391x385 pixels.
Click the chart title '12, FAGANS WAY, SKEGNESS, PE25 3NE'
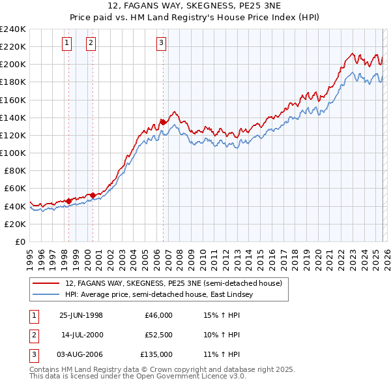tap(195, 6)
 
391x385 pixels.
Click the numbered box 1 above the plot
tap(67, 43)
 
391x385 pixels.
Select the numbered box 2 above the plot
tap(91, 43)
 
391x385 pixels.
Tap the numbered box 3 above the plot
tap(161, 43)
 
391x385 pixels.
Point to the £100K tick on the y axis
tap(12, 153)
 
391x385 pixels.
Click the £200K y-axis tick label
tap(12, 65)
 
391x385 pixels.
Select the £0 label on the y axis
tap(20, 241)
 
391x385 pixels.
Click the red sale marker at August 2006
tap(163, 121)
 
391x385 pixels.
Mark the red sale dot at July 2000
tap(93, 194)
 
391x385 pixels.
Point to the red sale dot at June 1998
tap(69, 200)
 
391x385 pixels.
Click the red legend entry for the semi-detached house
tap(173, 283)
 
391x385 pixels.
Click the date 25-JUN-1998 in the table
tap(81, 315)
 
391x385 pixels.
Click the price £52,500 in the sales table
tap(158, 335)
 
